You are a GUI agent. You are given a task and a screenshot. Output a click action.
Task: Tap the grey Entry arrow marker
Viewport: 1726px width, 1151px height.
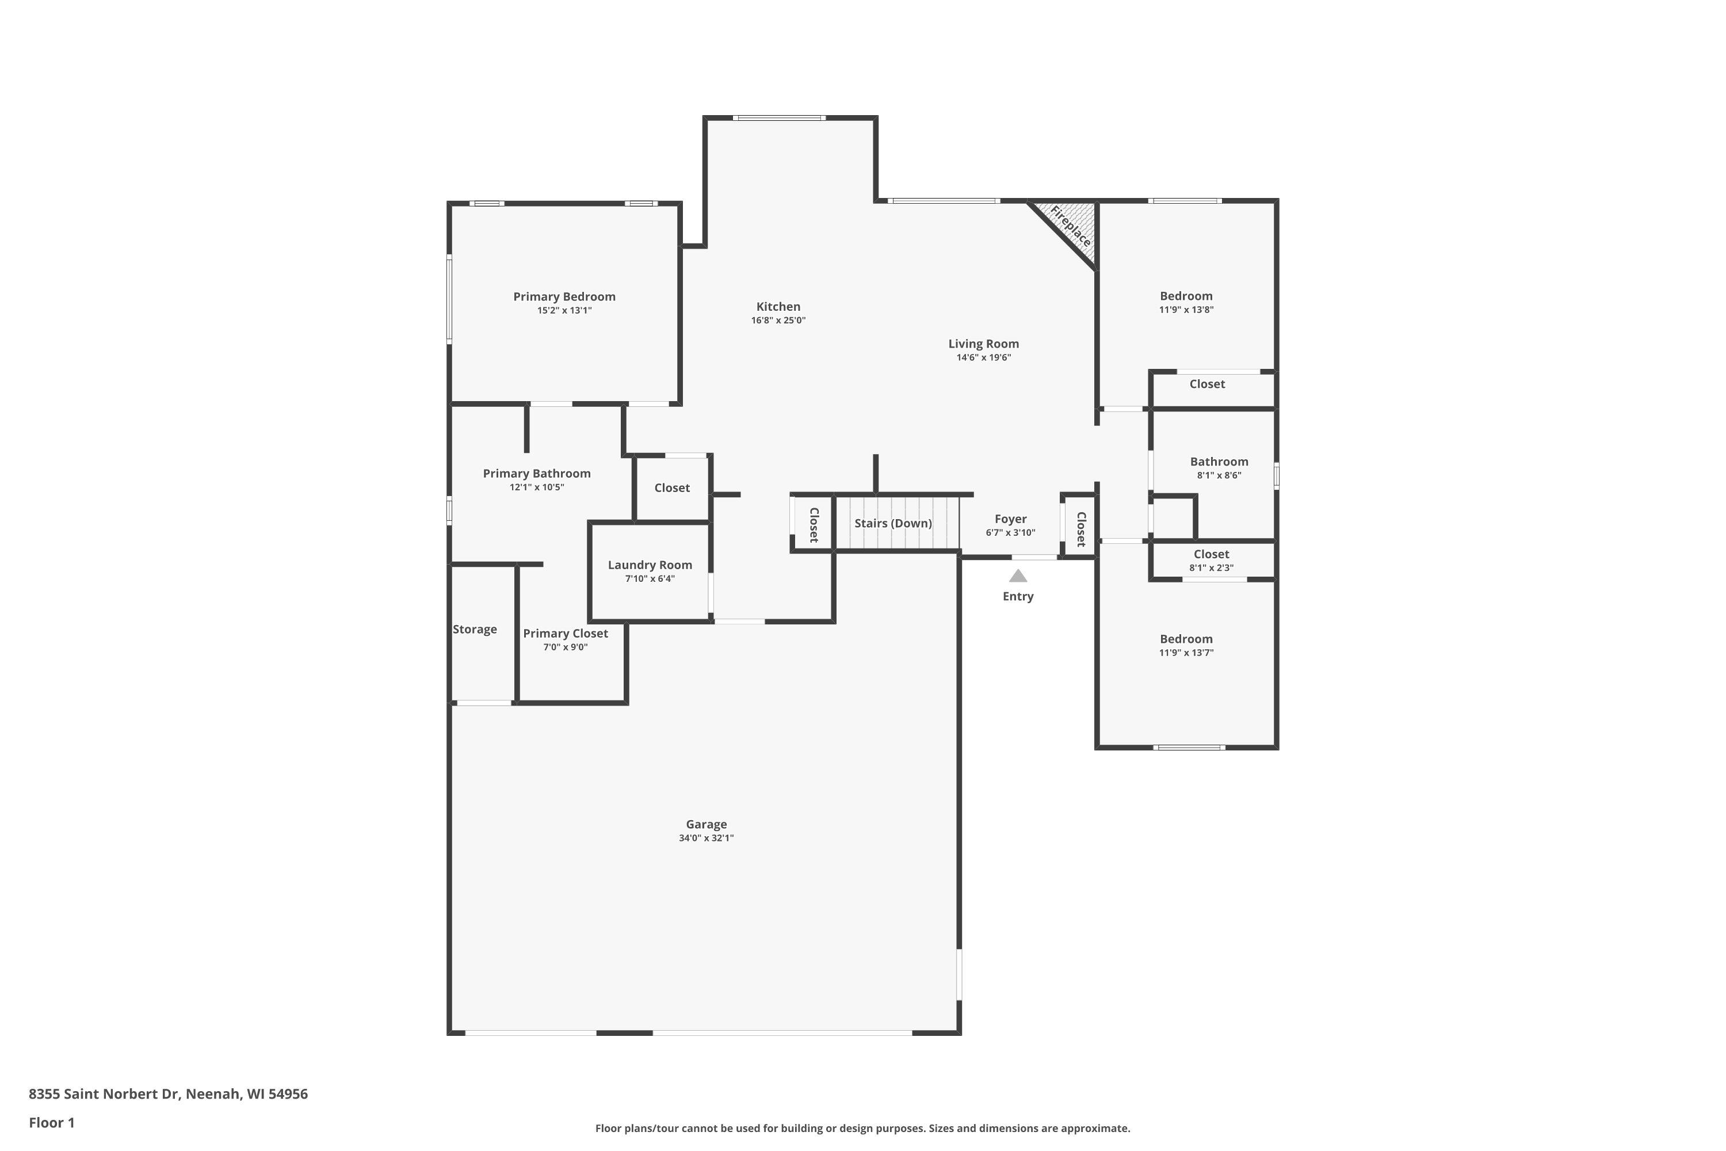coord(1018,575)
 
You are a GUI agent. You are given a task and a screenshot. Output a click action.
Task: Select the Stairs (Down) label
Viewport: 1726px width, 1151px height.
coord(893,523)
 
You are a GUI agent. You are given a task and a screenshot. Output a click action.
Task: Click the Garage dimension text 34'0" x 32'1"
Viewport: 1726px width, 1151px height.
coord(706,839)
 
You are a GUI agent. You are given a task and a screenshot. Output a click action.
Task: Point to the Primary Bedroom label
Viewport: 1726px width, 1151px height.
coord(564,296)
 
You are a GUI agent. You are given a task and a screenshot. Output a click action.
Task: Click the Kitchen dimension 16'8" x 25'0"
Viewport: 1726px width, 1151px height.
coord(778,320)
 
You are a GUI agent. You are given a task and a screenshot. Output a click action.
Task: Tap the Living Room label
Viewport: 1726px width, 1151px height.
coord(983,344)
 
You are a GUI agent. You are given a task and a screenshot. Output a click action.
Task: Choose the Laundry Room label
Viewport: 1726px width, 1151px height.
coord(650,565)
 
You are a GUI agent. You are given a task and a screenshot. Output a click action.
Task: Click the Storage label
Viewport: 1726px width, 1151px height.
coord(475,629)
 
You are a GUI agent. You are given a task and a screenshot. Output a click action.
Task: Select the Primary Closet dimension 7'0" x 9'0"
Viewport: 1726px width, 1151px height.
coord(565,647)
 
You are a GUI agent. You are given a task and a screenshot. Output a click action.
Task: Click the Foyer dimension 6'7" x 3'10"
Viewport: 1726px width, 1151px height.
coord(1010,533)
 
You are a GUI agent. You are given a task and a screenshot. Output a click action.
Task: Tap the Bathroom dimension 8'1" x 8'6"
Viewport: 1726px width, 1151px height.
coord(1219,476)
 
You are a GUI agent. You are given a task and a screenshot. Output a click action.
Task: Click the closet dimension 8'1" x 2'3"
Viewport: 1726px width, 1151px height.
coord(1211,568)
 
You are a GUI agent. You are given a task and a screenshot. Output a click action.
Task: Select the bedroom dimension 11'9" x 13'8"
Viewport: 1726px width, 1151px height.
coord(1186,310)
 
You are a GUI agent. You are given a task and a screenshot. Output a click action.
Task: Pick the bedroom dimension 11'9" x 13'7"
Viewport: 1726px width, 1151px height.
coord(1186,653)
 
